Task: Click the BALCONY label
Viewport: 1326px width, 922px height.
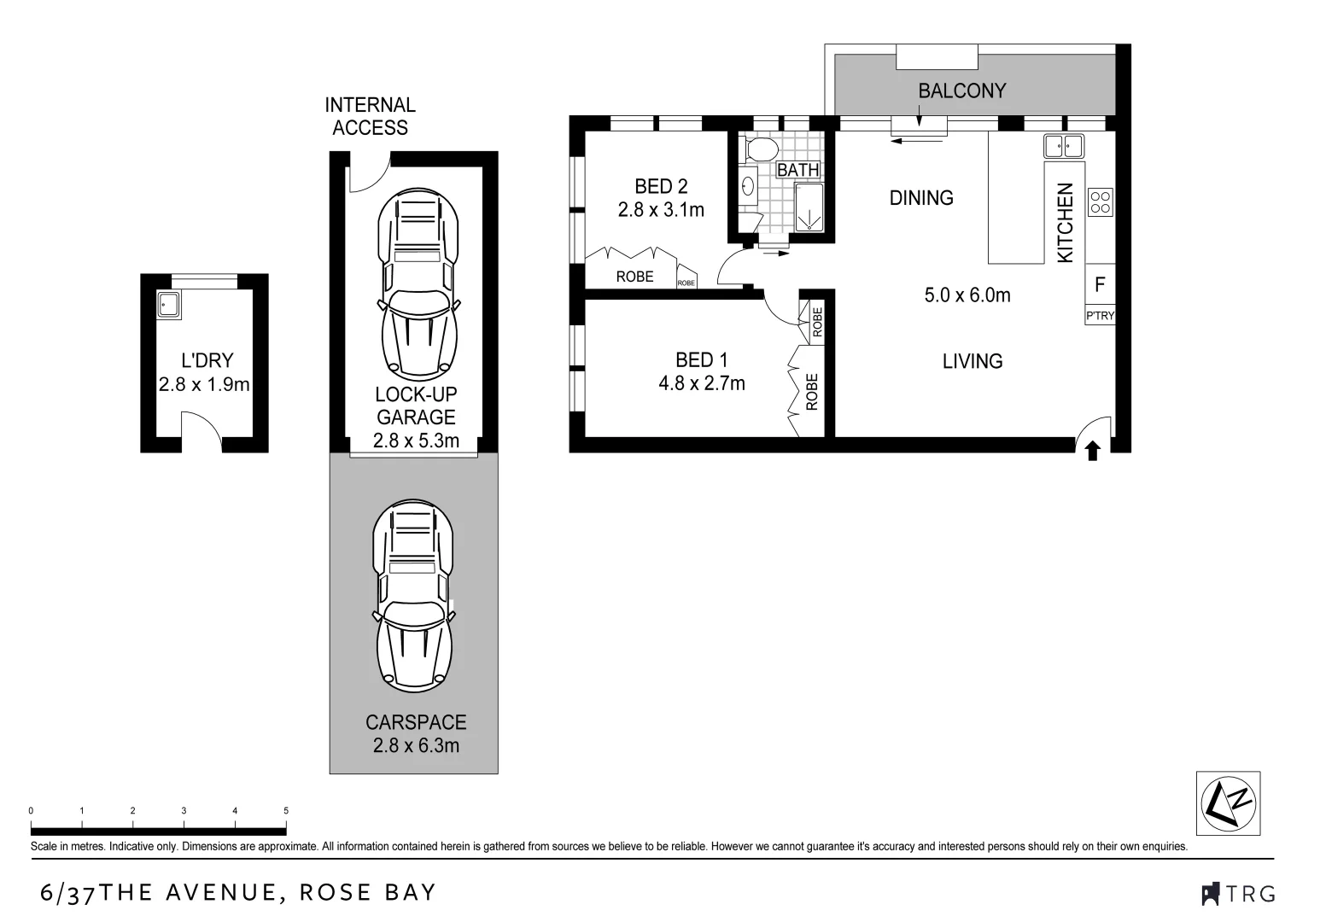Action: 961,90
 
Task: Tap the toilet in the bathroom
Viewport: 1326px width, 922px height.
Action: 759,150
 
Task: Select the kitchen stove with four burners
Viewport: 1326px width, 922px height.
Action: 1100,201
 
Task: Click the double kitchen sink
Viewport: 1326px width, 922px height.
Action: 1063,146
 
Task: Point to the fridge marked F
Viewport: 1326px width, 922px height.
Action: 1100,284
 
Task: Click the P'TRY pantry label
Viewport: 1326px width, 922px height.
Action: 1100,316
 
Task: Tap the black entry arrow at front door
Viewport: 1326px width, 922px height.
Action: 1091,450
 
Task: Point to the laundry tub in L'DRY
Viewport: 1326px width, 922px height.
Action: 167,304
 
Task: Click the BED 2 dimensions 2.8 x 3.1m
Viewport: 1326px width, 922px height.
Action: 661,209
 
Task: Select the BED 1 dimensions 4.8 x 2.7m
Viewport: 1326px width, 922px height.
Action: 701,383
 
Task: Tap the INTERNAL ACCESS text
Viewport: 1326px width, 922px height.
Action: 370,116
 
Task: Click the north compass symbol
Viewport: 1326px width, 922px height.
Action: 1229,803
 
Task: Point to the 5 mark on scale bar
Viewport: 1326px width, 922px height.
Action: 286,811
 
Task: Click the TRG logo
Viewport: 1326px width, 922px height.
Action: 1238,894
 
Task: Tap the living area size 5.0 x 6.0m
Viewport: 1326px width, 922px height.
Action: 967,295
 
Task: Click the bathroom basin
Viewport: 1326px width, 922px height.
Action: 749,186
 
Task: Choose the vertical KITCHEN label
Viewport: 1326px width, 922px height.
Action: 1065,222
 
